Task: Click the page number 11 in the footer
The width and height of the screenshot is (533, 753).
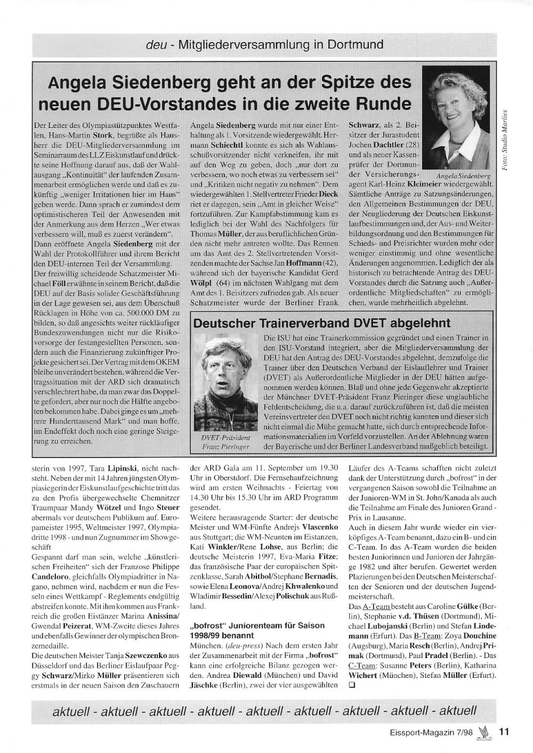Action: pyautogui.click(x=504, y=732)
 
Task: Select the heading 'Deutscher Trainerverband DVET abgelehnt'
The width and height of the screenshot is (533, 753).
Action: pyautogui.click(x=321, y=323)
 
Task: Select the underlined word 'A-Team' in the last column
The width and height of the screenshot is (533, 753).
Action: pyautogui.click(x=376, y=607)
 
